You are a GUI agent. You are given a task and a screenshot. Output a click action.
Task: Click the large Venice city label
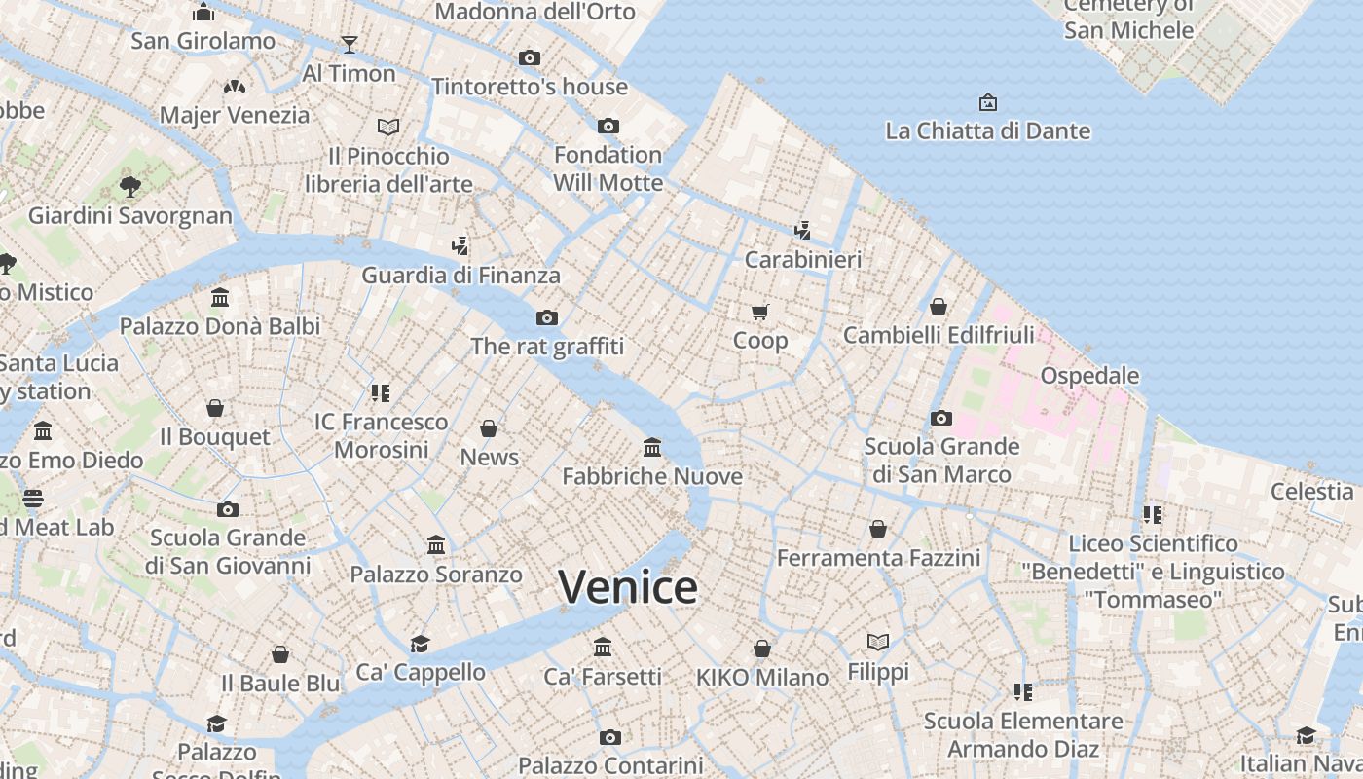[x=628, y=587]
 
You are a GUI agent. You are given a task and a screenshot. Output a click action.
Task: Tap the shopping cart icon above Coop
[x=759, y=312]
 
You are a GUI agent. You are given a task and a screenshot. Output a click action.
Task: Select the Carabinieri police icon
[x=802, y=231]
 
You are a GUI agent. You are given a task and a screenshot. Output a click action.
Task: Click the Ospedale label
[x=1089, y=376]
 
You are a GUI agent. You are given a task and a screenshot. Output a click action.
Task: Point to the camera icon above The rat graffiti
[x=547, y=317]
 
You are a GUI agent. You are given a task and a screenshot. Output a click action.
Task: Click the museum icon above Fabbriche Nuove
[x=652, y=447]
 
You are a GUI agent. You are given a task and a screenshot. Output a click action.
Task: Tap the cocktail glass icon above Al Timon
[x=349, y=44]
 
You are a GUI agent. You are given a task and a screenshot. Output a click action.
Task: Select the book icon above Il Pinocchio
[x=388, y=127]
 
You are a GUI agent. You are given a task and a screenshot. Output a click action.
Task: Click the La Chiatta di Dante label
[x=987, y=130]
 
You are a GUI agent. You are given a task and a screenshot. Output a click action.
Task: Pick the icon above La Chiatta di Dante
[x=987, y=102]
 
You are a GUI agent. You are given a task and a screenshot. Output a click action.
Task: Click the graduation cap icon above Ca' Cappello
[x=420, y=644]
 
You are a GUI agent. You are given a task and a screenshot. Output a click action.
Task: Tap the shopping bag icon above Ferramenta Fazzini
[x=878, y=529]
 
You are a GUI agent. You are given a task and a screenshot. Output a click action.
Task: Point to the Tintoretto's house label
[x=530, y=87]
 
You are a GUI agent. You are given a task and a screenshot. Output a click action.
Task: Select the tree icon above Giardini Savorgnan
[x=129, y=186]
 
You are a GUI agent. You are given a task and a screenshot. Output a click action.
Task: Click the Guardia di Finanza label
[x=460, y=276]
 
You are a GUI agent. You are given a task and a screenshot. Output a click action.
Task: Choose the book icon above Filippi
[x=878, y=642]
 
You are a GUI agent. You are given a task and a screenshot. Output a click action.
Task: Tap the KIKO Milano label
[x=762, y=677]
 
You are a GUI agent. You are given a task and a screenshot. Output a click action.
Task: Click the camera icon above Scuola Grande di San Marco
[x=940, y=418]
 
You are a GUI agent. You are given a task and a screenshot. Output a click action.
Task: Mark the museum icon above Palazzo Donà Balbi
[x=220, y=297]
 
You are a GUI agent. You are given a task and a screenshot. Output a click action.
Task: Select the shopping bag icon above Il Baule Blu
[x=280, y=654]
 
